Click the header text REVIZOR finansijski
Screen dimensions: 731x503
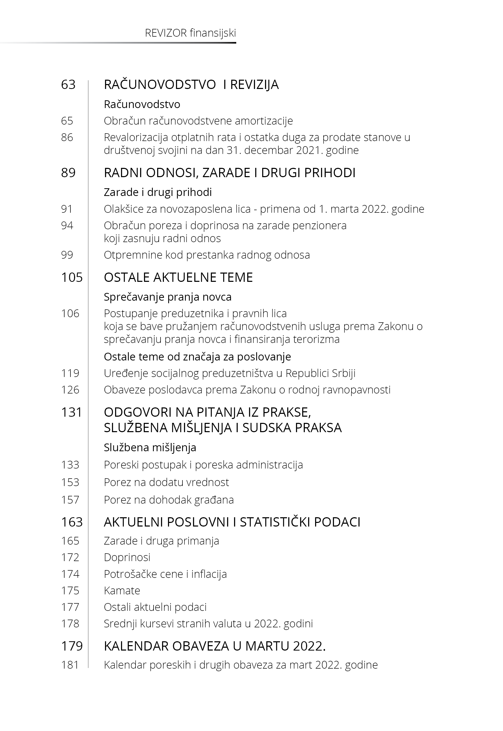[190, 33]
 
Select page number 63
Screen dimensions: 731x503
[68, 84]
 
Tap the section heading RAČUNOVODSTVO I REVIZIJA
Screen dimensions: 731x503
[191, 84]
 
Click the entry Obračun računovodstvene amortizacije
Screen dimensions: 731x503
[198, 121]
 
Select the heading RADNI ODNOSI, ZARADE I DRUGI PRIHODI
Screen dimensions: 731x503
[229, 173]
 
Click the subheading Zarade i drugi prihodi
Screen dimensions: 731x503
[158, 192]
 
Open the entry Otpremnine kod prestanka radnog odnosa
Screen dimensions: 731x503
[207, 255]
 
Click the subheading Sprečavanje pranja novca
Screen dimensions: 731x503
[168, 297]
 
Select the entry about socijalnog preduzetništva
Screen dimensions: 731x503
[229, 373]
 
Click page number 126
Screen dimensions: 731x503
[70, 390]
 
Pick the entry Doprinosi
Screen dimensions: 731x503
[127, 557]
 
